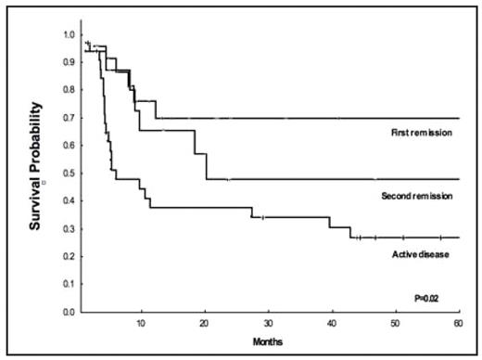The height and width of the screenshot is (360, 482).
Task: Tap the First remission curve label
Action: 421,133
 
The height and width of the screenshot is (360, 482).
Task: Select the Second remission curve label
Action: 416,197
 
